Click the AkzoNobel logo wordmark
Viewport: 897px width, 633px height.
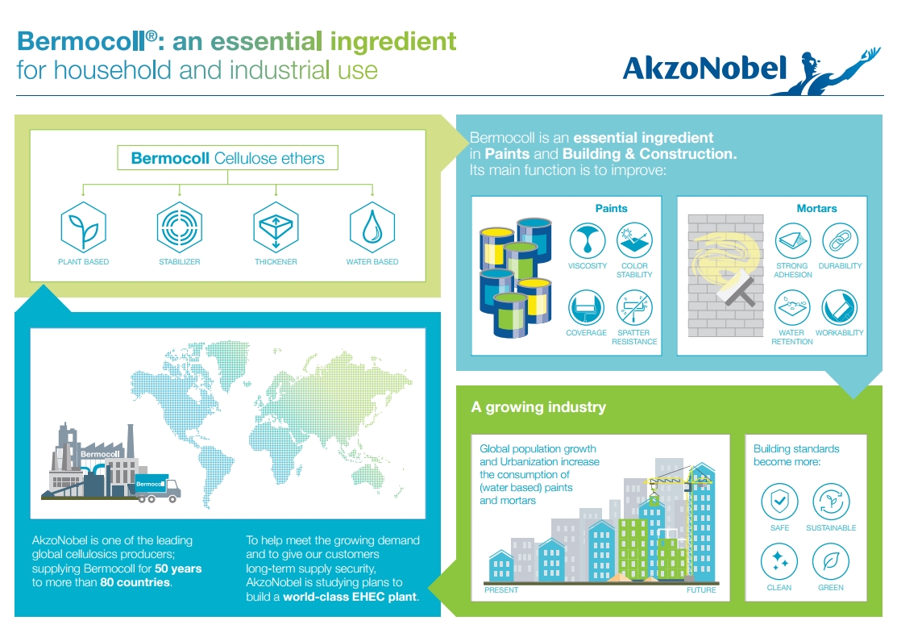[x=704, y=69]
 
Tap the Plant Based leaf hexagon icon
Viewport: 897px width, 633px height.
[x=84, y=227]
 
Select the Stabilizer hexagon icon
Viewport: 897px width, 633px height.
[x=180, y=227]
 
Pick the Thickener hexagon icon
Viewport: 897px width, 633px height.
[x=276, y=227]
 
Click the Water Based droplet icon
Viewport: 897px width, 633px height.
[x=372, y=227]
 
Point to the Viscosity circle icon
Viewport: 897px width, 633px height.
[x=588, y=240]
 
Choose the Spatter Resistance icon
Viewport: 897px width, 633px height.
[x=634, y=307]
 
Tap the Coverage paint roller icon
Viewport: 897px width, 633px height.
[x=587, y=307]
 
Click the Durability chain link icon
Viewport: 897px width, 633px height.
[x=840, y=240]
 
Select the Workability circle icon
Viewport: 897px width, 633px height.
[x=839, y=307]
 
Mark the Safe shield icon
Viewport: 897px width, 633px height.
[x=779, y=502]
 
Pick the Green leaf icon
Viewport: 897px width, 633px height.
[x=831, y=561]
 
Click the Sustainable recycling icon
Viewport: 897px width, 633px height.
[x=831, y=502]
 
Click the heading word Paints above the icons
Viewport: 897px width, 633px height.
[x=611, y=208]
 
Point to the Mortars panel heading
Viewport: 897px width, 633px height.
[x=816, y=208]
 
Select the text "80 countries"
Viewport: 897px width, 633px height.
[x=135, y=582]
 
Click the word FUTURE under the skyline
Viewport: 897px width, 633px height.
[x=701, y=590]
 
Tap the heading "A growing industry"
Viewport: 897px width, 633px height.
[x=538, y=407]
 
